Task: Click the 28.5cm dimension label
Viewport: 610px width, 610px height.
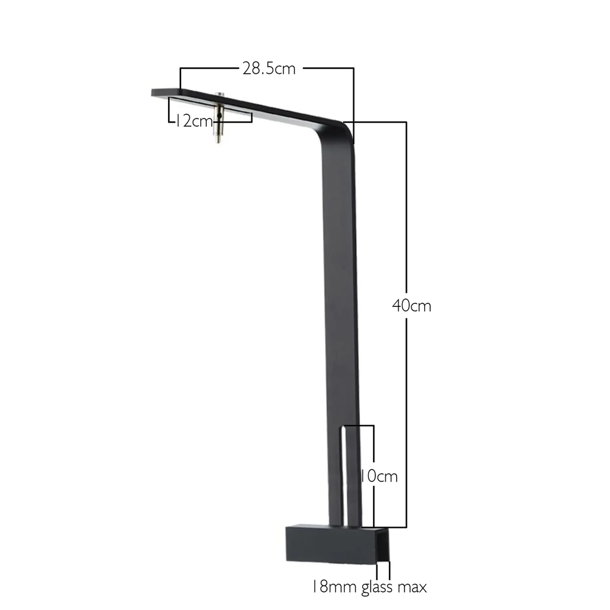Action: (268, 68)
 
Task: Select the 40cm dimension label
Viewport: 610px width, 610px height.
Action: (412, 306)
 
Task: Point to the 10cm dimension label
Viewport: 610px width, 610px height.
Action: (379, 477)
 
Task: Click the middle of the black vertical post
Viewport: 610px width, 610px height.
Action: (340, 310)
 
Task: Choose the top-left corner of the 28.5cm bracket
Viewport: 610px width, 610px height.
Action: (180, 69)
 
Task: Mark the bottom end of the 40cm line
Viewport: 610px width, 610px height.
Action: (406, 527)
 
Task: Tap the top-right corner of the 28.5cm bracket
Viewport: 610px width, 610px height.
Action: (354, 69)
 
